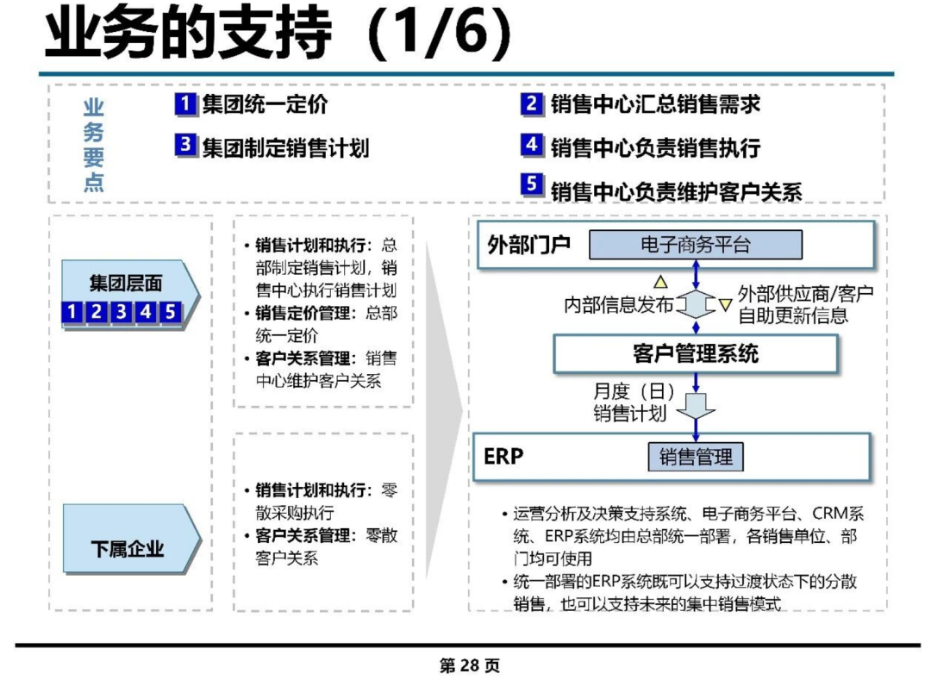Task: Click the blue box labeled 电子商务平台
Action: [x=696, y=245]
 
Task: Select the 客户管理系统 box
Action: [x=696, y=354]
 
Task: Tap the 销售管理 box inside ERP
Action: [x=696, y=457]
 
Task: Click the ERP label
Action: [x=503, y=457]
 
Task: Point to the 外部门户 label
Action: [x=528, y=245]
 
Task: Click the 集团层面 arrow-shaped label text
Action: [x=126, y=283]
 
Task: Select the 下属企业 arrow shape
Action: [x=132, y=539]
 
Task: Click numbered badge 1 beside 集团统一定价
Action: [x=185, y=104]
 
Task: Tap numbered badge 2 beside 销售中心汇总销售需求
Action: [x=532, y=104]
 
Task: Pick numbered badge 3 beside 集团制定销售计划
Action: [x=185, y=144]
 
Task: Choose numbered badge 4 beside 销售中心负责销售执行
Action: [x=532, y=144]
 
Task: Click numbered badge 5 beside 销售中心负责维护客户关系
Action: [x=532, y=184]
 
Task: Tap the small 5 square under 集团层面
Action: [x=171, y=312]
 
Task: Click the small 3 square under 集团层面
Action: [x=122, y=312]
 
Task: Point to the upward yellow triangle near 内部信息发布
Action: [x=660, y=282]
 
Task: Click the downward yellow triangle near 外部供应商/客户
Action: [x=725, y=305]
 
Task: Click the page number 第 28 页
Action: [x=469, y=666]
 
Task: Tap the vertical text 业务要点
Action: [x=93, y=145]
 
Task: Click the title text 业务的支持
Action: [x=188, y=32]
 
